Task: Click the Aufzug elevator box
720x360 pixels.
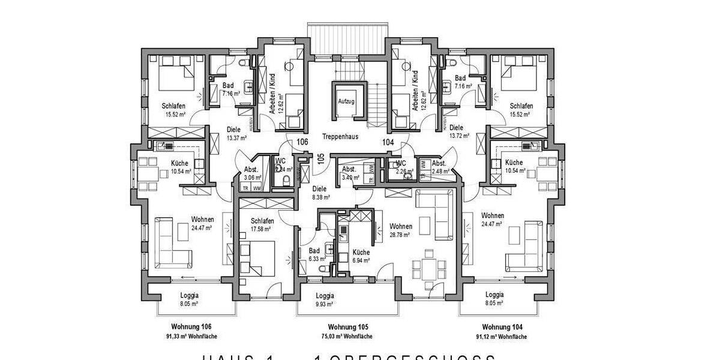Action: pyautogui.click(x=347, y=101)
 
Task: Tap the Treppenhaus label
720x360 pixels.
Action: pyautogui.click(x=340, y=136)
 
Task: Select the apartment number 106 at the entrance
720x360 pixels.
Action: pyautogui.click(x=303, y=142)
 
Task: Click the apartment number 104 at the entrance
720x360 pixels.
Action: pyautogui.click(x=388, y=142)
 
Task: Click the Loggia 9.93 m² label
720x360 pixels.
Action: pyautogui.click(x=325, y=300)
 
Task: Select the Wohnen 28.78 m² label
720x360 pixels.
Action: pyautogui.click(x=400, y=230)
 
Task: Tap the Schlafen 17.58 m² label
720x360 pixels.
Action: pyautogui.click(x=262, y=224)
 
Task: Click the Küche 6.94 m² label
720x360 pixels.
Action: pyautogui.click(x=361, y=256)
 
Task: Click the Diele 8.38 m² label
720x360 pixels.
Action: pyautogui.click(x=320, y=192)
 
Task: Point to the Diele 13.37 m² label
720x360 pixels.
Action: pyautogui.click(x=233, y=131)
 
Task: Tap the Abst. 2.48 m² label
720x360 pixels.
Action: pyautogui.click(x=440, y=167)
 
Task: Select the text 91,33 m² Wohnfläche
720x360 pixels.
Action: pyautogui.click(x=191, y=337)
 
